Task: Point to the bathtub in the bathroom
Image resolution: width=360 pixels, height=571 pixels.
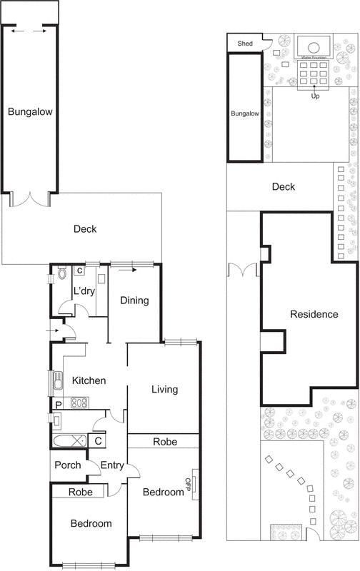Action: [x=69, y=440]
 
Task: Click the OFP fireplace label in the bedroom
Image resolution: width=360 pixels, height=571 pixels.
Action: [x=189, y=485]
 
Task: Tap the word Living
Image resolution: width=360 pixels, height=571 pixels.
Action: [x=164, y=390]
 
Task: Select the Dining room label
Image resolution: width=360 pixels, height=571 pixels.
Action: [x=134, y=300]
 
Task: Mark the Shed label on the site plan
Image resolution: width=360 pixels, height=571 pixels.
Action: [x=245, y=44]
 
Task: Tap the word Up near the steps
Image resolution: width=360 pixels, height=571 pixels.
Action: [x=314, y=96]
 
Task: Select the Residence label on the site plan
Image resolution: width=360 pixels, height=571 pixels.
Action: [x=314, y=314]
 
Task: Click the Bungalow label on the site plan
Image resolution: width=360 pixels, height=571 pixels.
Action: [x=245, y=113]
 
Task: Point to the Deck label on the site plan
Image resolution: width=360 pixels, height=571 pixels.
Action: [x=284, y=187]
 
